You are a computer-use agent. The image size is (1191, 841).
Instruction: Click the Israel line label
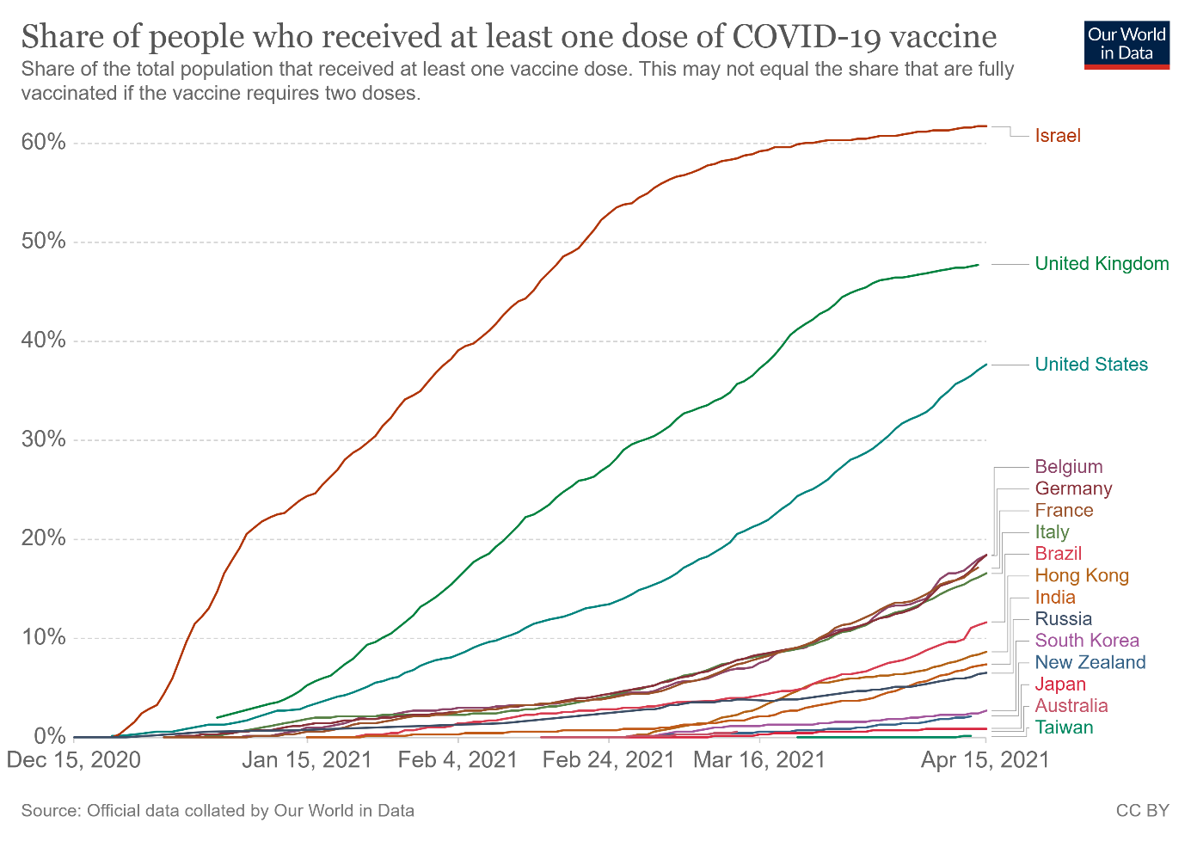(x=1058, y=136)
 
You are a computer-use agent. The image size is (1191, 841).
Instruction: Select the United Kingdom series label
(x=1102, y=264)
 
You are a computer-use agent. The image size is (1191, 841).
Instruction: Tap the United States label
(x=1091, y=365)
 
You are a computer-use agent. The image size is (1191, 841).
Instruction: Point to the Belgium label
(x=1069, y=467)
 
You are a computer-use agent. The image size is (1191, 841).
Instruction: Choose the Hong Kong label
(x=1082, y=576)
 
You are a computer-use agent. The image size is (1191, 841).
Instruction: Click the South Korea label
(x=1087, y=641)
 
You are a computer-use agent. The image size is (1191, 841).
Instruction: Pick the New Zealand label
(x=1090, y=662)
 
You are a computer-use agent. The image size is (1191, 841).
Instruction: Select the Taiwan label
(x=1065, y=727)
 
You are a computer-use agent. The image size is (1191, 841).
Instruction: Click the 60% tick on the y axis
(x=44, y=142)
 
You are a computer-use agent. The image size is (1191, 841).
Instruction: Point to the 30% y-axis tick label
(x=44, y=439)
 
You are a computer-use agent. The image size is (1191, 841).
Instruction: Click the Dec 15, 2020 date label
(x=74, y=760)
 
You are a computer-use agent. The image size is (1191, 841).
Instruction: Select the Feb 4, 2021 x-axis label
(x=458, y=760)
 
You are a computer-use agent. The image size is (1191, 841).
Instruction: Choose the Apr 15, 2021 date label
(x=985, y=760)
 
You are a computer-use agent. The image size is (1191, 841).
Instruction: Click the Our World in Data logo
(x=1127, y=44)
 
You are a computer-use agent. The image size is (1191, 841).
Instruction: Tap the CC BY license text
(x=1142, y=810)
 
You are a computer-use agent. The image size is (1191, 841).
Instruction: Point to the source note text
(x=218, y=810)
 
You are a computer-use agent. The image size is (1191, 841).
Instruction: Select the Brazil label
(x=1059, y=554)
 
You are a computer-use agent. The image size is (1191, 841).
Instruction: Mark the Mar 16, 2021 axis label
(x=759, y=760)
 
